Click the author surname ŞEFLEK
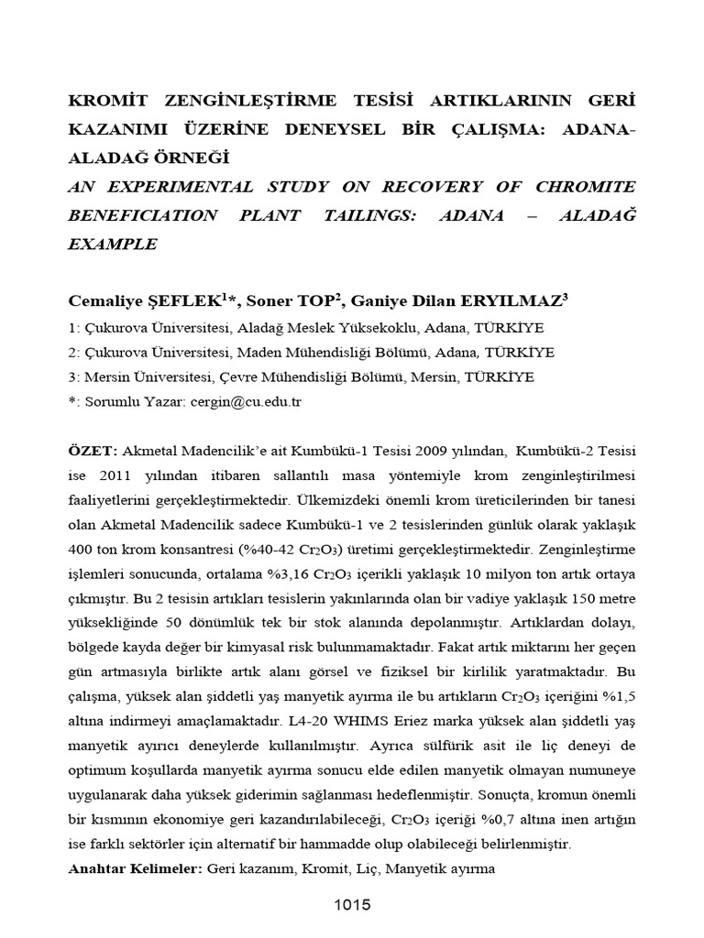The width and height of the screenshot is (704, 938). tap(175, 300)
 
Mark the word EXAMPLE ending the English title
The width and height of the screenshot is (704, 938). tap(112, 244)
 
